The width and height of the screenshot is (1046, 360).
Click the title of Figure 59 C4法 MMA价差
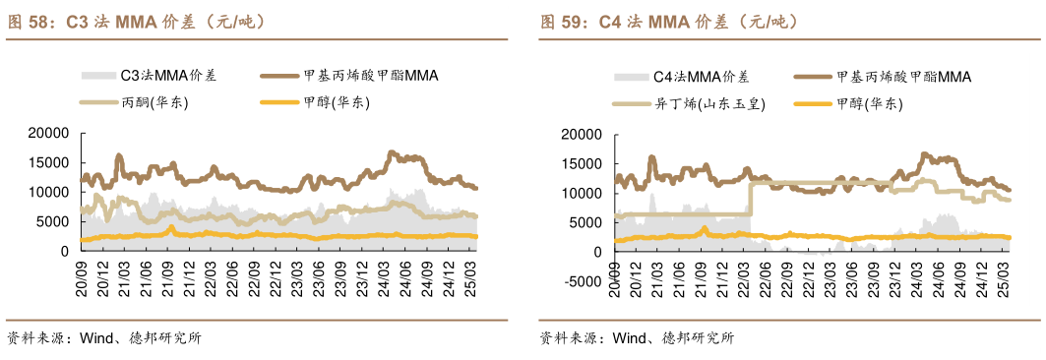tap(669, 22)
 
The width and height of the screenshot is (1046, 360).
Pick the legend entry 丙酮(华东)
tap(154, 102)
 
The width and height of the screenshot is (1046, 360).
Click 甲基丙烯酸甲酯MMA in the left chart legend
tap(371, 76)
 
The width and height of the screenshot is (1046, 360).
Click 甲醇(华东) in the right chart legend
tap(867, 102)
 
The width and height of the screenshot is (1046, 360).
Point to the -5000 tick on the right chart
tap(583, 281)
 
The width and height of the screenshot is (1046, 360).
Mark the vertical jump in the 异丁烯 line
tap(751, 199)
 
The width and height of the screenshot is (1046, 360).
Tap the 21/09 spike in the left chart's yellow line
tap(172, 227)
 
